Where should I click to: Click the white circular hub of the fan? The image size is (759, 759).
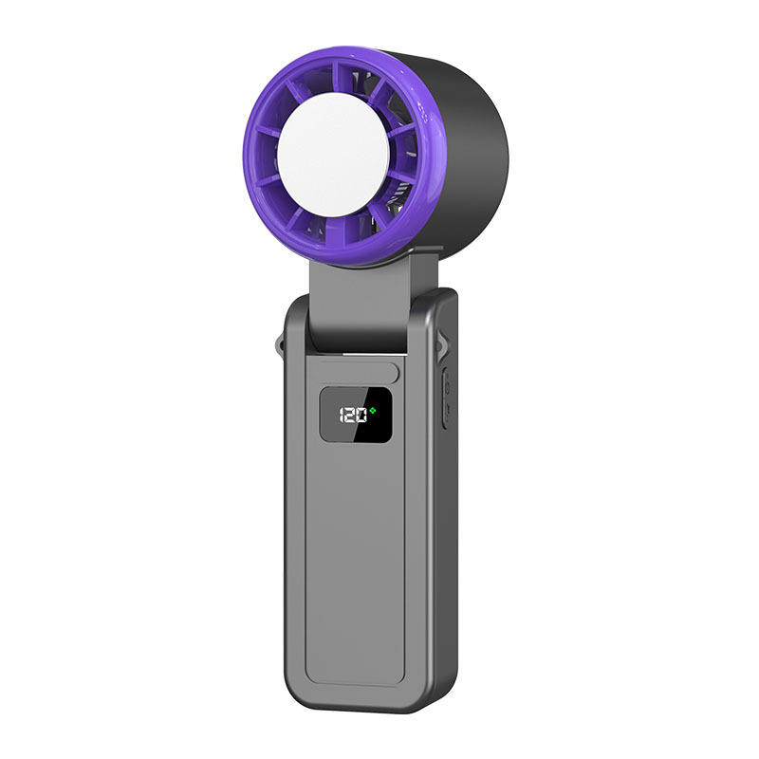[x=333, y=155]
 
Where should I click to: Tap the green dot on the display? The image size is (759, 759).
[x=372, y=411]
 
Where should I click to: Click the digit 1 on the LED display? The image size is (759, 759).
[x=342, y=416]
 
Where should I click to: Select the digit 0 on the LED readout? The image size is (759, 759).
[x=361, y=416]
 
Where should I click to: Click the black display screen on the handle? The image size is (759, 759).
[x=355, y=415]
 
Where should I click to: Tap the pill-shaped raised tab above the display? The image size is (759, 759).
[x=353, y=371]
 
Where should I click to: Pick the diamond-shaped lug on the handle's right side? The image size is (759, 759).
[x=444, y=343]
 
